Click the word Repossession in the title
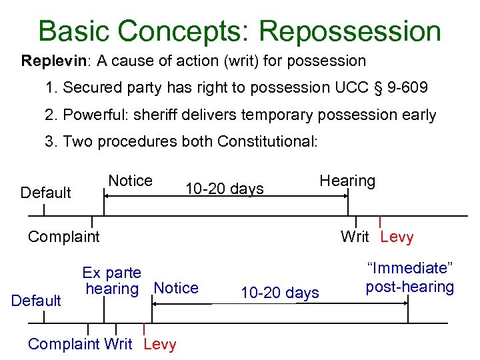click(x=349, y=31)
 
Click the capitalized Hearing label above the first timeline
click(x=347, y=181)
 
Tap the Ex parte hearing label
click(x=111, y=281)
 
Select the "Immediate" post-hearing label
click(x=409, y=278)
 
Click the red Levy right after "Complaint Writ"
click(x=160, y=344)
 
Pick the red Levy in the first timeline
click(x=397, y=237)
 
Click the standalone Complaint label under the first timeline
click(x=63, y=237)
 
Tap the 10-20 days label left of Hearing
click(x=225, y=189)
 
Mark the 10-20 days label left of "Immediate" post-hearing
click(x=280, y=293)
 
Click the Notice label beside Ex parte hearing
click(x=176, y=288)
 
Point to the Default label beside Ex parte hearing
click(x=37, y=301)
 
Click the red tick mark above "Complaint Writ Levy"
click(x=145, y=329)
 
